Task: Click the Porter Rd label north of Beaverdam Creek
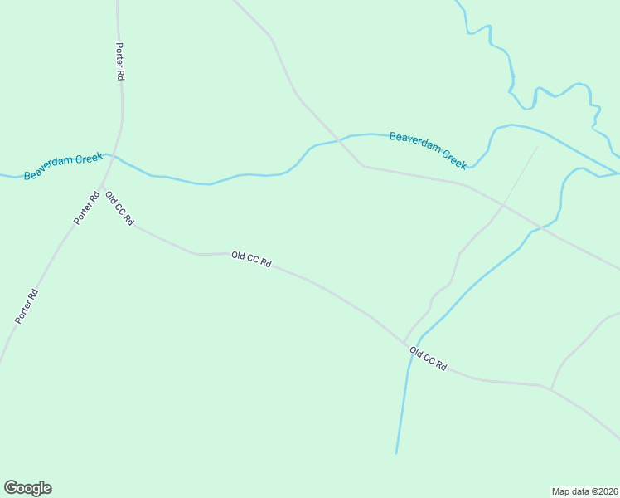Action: [120, 61]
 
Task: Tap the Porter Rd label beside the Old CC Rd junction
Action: [86, 207]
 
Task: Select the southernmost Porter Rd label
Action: [27, 305]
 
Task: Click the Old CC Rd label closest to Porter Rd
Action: [119, 208]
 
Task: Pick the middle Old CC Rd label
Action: [251, 260]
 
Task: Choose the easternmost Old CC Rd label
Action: [428, 359]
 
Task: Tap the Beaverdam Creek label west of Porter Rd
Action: [63, 166]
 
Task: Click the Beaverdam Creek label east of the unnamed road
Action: [428, 148]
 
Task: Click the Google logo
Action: [27, 488]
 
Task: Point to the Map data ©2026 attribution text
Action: [585, 491]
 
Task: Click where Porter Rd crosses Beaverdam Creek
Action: [115, 156]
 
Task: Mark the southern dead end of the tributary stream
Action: [396, 453]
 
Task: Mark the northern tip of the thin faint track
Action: [537, 147]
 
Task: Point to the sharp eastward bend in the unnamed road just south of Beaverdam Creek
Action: [362, 166]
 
